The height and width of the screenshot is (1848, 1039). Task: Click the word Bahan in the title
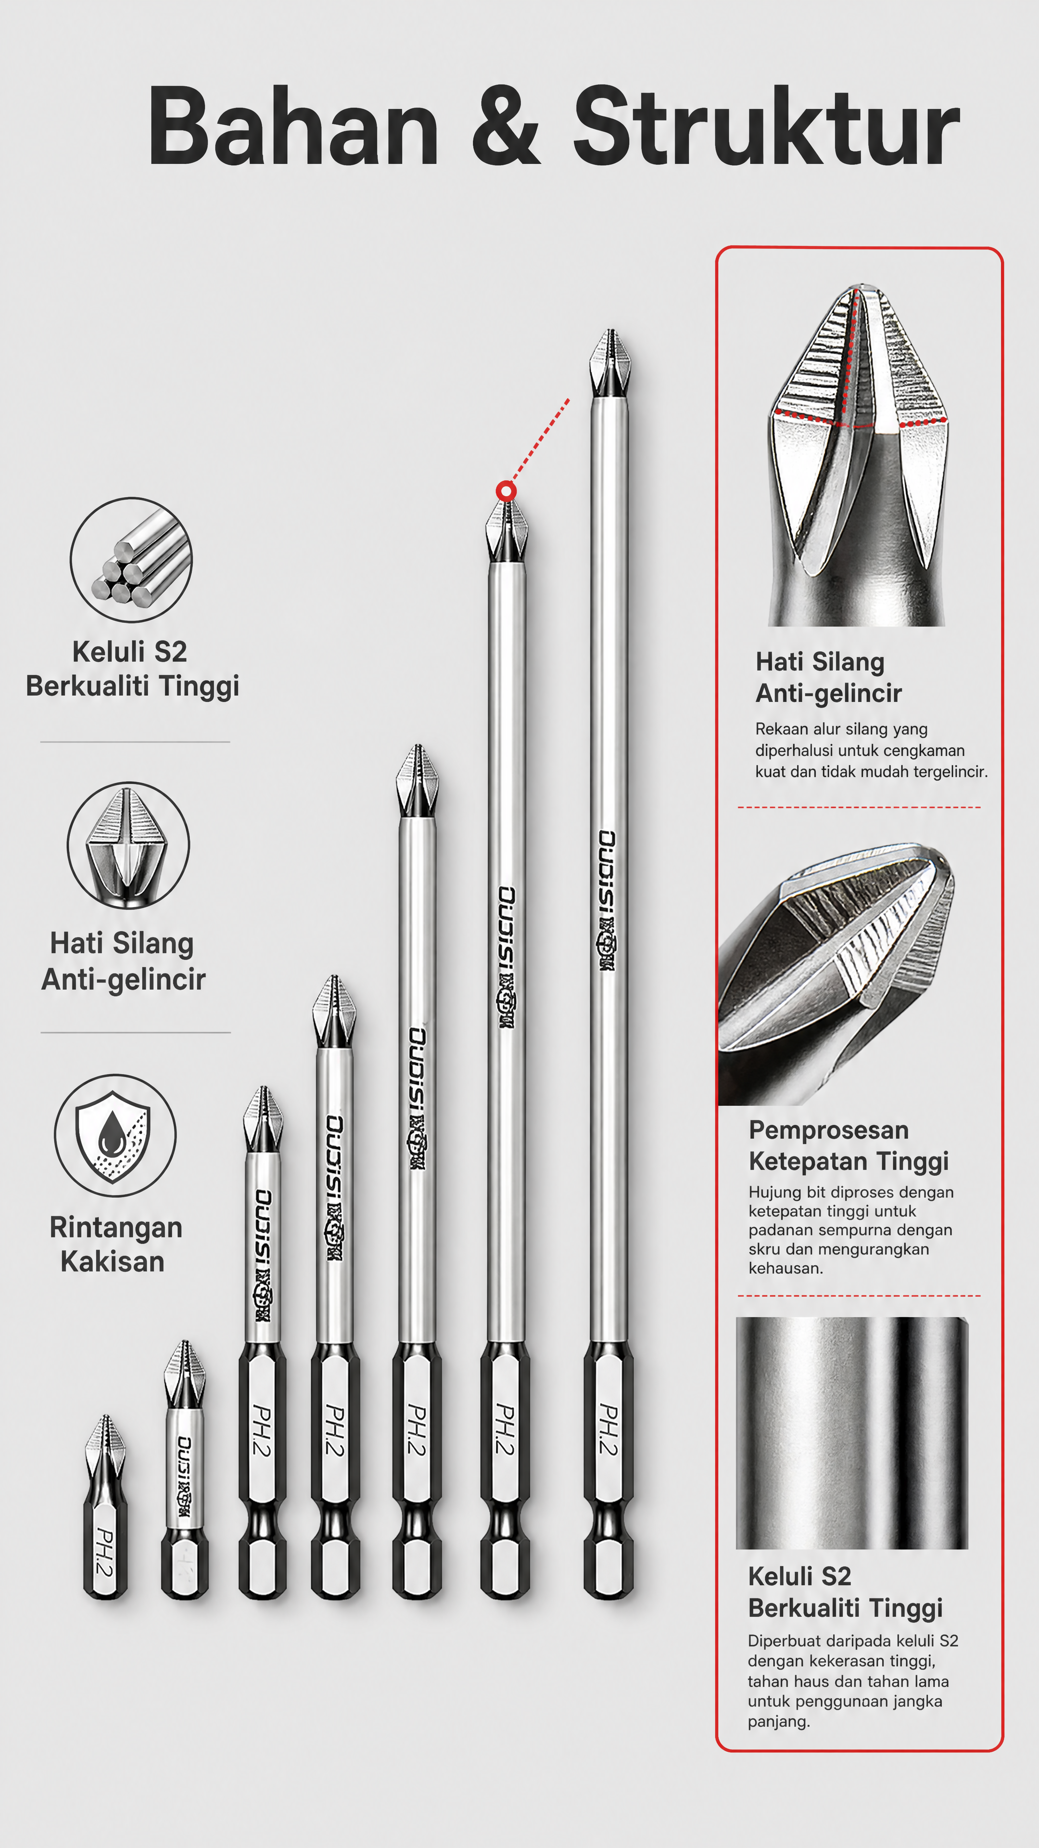click(x=293, y=127)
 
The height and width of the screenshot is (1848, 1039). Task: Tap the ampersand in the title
click(x=506, y=127)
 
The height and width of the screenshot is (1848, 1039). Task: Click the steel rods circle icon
click(x=131, y=560)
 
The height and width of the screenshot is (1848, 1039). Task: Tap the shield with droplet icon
click(x=115, y=1135)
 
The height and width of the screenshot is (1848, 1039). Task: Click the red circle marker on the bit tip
click(x=506, y=491)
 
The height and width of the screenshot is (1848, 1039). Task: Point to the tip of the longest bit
click(x=610, y=331)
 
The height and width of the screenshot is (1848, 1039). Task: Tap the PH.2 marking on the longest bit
click(x=608, y=1430)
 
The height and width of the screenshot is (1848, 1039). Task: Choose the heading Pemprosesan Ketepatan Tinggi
click(x=848, y=1145)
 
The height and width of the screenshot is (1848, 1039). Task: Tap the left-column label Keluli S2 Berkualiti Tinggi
click(x=132, y=668)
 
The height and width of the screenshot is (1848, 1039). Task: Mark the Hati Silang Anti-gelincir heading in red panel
click(x=828, y=677)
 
